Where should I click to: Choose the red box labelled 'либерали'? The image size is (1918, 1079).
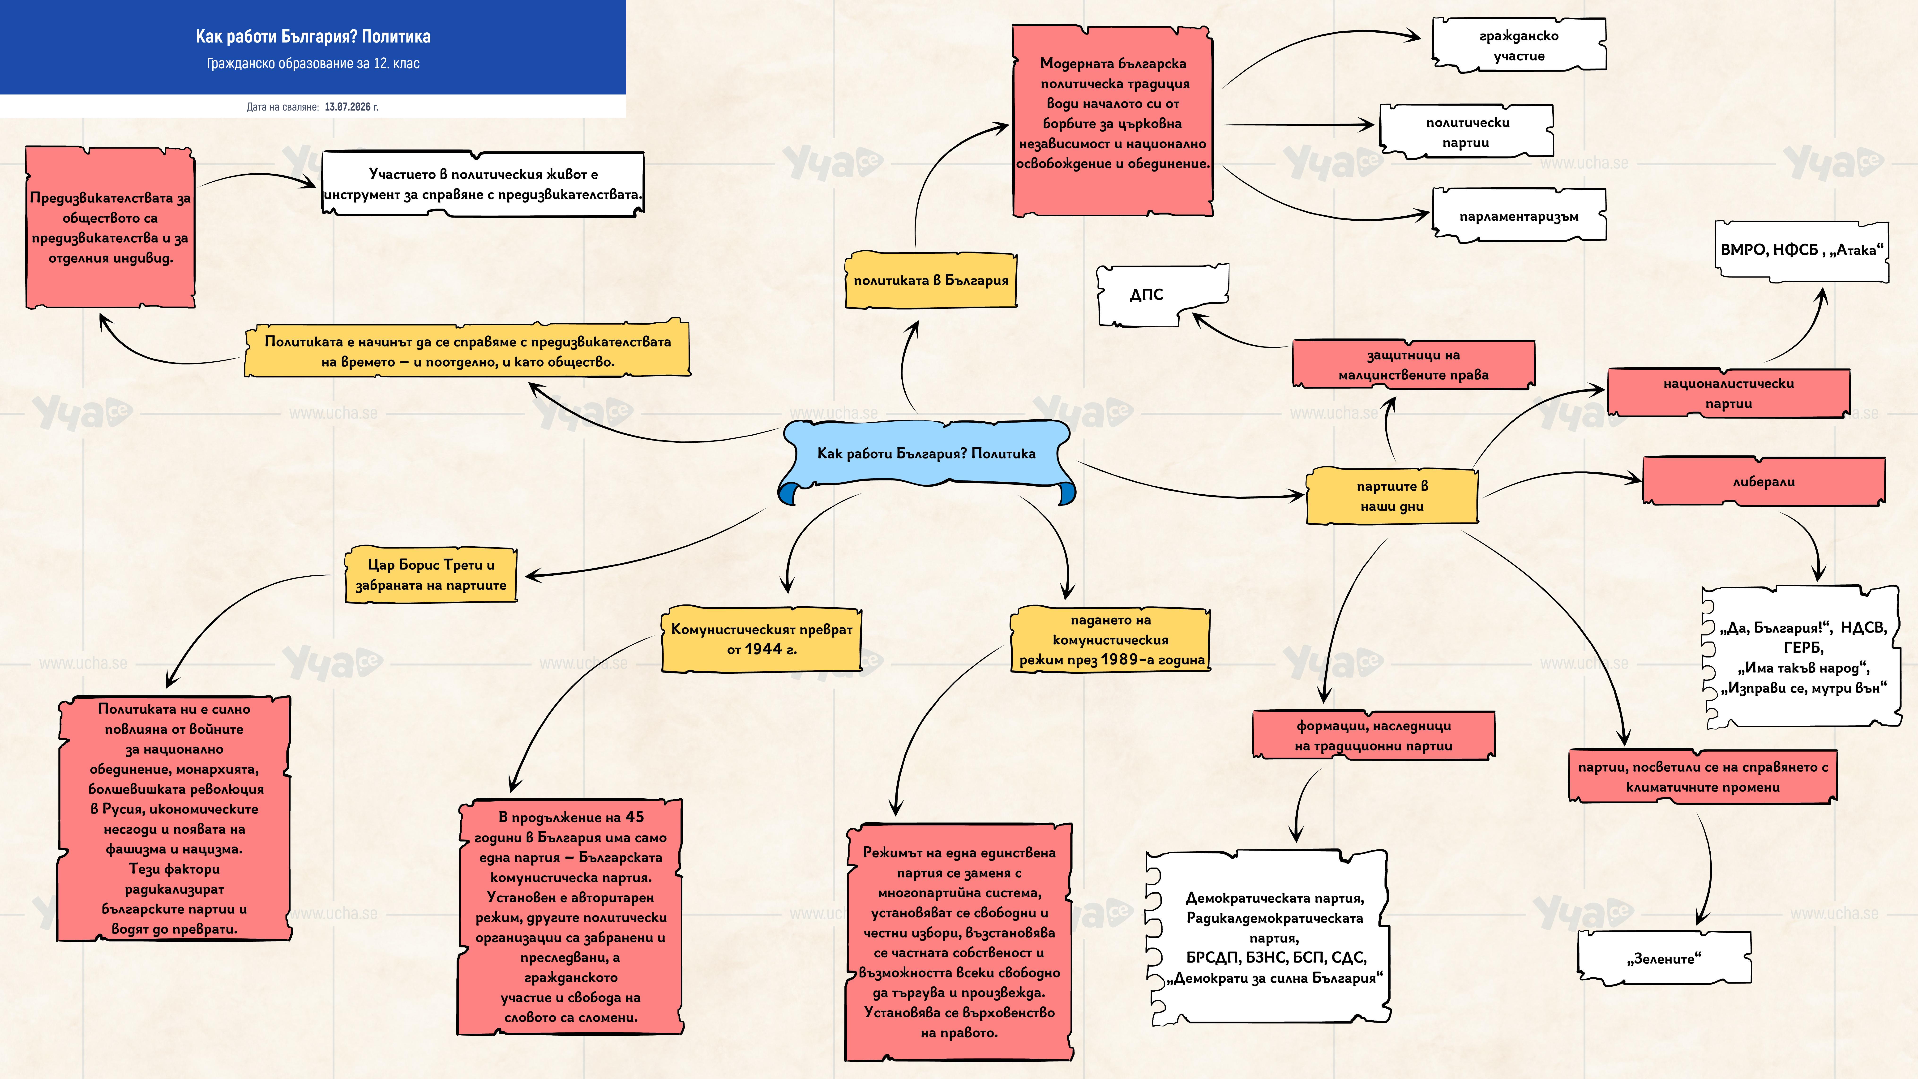(x=1763, y=482)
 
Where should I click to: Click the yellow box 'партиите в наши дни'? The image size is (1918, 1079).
(x=1391, y=496)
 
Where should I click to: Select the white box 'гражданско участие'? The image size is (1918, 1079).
(x=1519, y=45)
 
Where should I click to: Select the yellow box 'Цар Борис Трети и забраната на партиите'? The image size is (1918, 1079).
(x=431, y=575)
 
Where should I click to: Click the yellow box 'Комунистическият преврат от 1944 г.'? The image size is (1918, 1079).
(x=762, y=639)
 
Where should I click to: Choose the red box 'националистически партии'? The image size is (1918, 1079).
(x=1728, y=393)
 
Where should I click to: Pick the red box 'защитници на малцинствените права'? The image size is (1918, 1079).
(x=1413, y=365)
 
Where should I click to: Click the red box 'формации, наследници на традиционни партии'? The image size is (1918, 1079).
(x=1374, y=735)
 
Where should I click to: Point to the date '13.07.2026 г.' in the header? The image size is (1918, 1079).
(x=351, y=107)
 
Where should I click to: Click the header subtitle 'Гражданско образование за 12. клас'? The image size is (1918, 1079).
(x=313, y=63)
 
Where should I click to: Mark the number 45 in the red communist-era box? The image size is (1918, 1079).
(x=634, y=817)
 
